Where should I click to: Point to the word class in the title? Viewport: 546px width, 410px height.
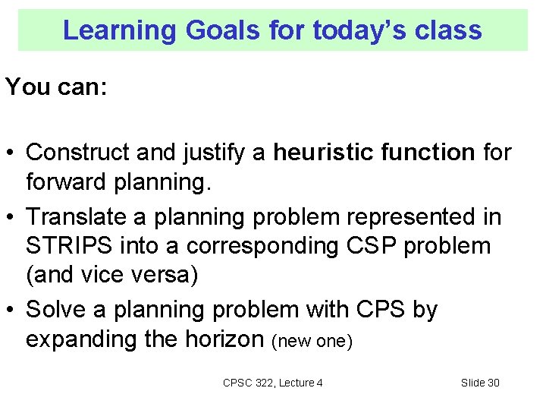[x=447, y=30]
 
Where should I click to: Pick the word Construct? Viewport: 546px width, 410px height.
[x=80, y=152]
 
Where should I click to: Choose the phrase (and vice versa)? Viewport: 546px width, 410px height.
[x=111, y=275]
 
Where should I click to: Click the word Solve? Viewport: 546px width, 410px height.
[x=55, y=310]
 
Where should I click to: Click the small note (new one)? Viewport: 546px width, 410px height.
[x=312, y=341]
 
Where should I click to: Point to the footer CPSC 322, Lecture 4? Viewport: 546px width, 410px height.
[x=272, y=383]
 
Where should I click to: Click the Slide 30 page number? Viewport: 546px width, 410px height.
[x=480, y=383]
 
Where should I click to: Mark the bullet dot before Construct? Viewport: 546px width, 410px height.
[x=11, y=153]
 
